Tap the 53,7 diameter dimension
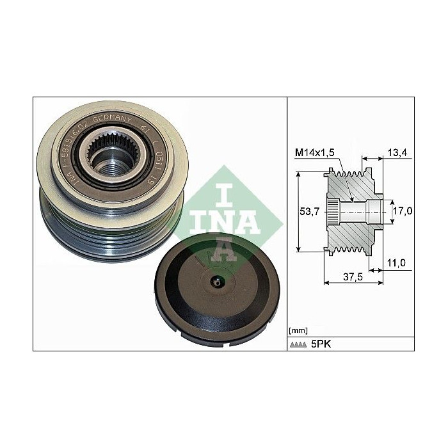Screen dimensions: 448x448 (311, 212)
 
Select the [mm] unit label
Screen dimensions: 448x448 (298, 330)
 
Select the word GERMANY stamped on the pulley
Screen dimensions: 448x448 (113, 123)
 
